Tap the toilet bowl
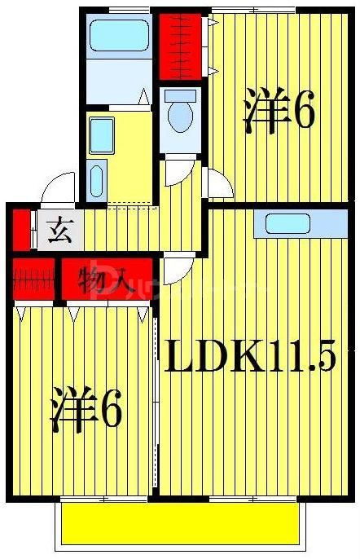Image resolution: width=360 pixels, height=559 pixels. tap(179, 115)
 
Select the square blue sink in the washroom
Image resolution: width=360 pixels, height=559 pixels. tap(102, 131)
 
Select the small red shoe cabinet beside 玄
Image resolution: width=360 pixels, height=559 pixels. tap(21, 229)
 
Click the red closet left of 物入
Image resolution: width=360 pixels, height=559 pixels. tap(33, 278)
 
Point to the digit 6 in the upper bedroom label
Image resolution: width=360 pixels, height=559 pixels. tap(302, 112)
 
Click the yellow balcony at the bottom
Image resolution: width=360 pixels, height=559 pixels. tap(179, 523)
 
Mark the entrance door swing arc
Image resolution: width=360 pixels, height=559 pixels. tap(58, 189)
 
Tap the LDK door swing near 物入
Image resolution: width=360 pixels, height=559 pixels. tap(176, 268)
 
